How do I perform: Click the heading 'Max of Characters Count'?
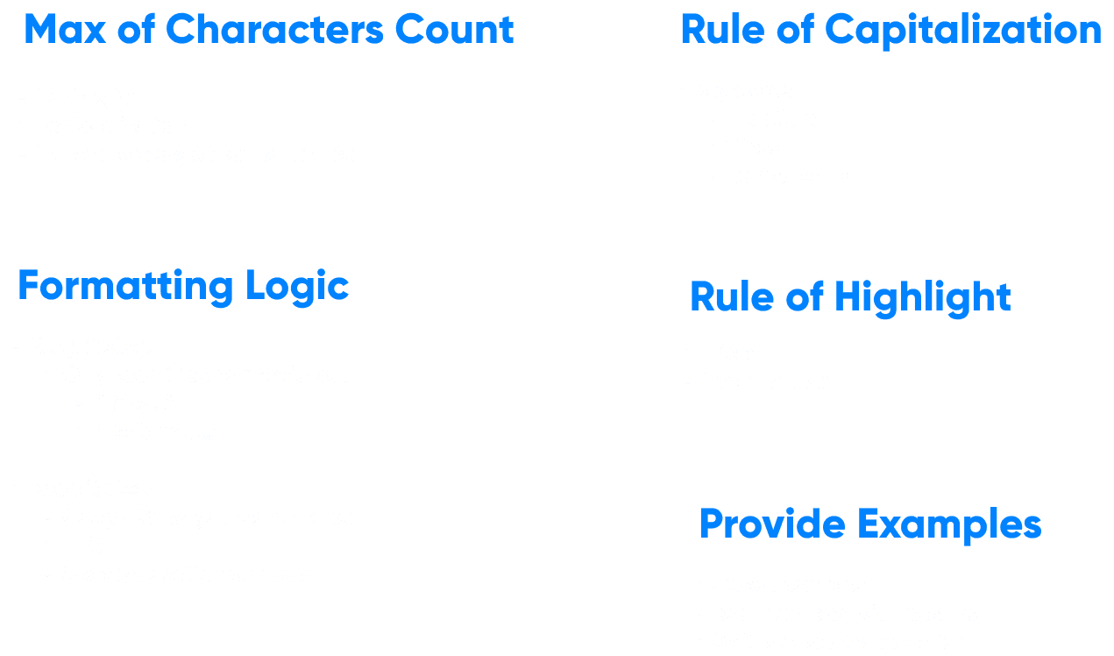[269, 30]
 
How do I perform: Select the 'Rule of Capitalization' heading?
[890, 30]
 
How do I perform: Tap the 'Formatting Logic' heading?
[183, 287]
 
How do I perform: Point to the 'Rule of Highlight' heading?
[850, 296]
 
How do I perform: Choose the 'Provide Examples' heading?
[869, 524]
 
